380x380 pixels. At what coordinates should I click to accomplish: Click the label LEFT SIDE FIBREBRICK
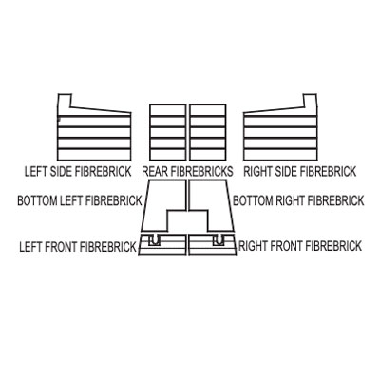tap(78, 172)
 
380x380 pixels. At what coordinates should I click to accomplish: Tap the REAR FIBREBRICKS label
tap(187, 172)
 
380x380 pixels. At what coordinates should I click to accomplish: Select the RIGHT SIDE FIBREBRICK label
tap(299, 172)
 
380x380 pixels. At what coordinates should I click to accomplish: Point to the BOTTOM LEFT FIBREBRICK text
tap(80, 200)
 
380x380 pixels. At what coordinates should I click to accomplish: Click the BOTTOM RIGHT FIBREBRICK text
tap(298, 200)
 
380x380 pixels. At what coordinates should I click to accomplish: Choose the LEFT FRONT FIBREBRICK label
tap(78, 247)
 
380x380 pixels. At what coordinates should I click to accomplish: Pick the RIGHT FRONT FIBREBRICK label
tap(300, 246)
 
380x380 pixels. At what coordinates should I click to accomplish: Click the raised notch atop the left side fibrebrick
tap(65, 101)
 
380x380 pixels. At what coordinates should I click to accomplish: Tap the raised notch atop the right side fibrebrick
tap(310, 101)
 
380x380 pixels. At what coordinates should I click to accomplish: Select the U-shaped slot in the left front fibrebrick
tap(154, 240)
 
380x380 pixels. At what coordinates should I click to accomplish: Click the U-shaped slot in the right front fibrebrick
tap(218, 240)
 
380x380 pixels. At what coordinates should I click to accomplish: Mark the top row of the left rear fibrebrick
tap(167, 110)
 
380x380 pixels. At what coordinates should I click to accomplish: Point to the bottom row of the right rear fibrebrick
tap(208, 154)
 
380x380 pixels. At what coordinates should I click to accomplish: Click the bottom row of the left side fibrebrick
tap(94, 154)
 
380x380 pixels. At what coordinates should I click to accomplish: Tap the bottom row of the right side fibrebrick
tap(280, 154)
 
